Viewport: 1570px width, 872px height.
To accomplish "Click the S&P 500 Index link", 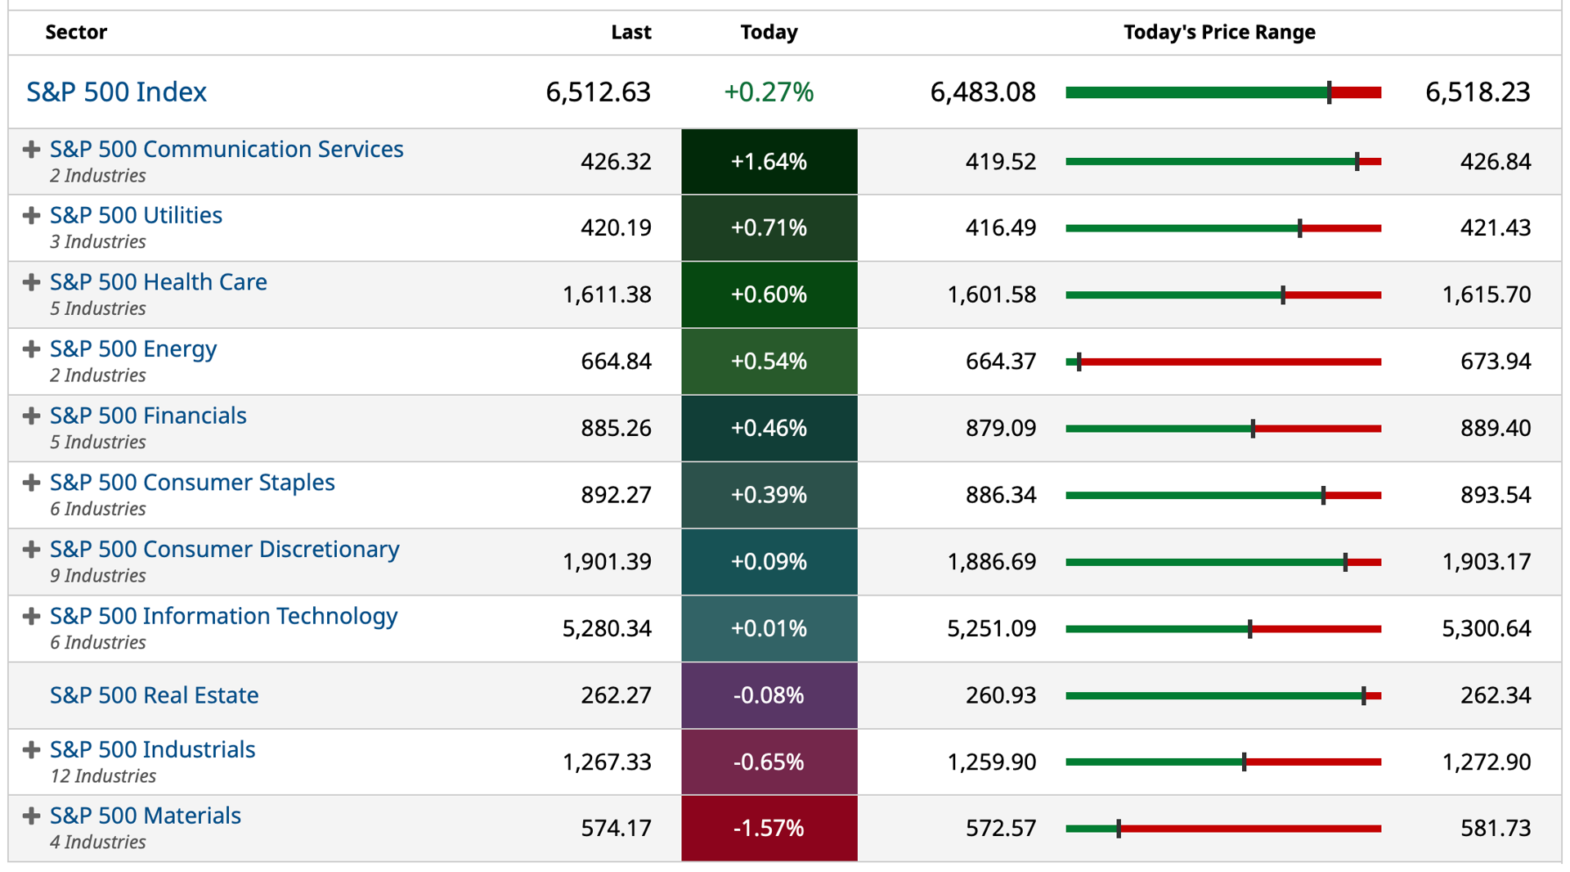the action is point(116,92).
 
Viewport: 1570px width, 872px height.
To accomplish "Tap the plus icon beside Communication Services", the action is point(31,150).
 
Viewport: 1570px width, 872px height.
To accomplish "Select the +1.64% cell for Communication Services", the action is point(769,161).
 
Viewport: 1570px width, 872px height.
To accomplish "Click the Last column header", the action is point(630,32).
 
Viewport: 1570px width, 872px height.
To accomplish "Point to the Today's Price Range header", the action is point(1219,32).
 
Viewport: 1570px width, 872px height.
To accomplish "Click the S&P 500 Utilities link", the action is point(136,215).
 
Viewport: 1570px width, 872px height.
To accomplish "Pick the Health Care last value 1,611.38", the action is point(607,294).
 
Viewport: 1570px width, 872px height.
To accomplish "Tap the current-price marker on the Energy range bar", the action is point(1079,362).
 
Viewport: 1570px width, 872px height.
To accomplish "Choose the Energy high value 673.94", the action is point(1496,362).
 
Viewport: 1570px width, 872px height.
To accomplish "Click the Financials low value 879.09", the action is point(1001,428).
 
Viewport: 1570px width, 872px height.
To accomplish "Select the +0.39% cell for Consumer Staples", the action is point(769,495).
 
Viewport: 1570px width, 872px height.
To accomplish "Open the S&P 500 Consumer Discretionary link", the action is point(225,549).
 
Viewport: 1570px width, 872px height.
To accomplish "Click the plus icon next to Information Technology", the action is point(31,616).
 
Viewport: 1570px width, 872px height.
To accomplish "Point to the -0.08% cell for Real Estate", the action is point(769,695).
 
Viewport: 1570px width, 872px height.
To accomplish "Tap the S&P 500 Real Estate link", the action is point(154,695).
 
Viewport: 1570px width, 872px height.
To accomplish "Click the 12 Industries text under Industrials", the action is point(103,776).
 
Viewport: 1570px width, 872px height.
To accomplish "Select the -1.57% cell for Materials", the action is point(769,828).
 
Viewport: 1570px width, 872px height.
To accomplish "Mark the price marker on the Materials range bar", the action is point(1119,829).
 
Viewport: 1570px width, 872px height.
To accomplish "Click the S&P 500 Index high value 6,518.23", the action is point(1478,92).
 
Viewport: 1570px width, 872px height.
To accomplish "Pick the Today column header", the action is point(769,32).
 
